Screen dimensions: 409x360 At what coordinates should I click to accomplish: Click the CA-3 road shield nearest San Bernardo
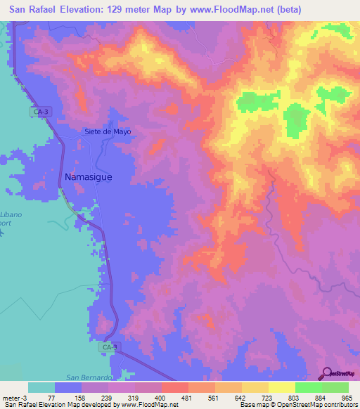(x=106, y=347)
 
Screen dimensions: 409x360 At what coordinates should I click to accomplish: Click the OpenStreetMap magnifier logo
(x=328, y=373)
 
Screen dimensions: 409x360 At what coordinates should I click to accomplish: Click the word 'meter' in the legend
(x=11, y=398)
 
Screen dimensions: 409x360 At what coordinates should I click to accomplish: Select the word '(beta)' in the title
(x=289, y=10)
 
